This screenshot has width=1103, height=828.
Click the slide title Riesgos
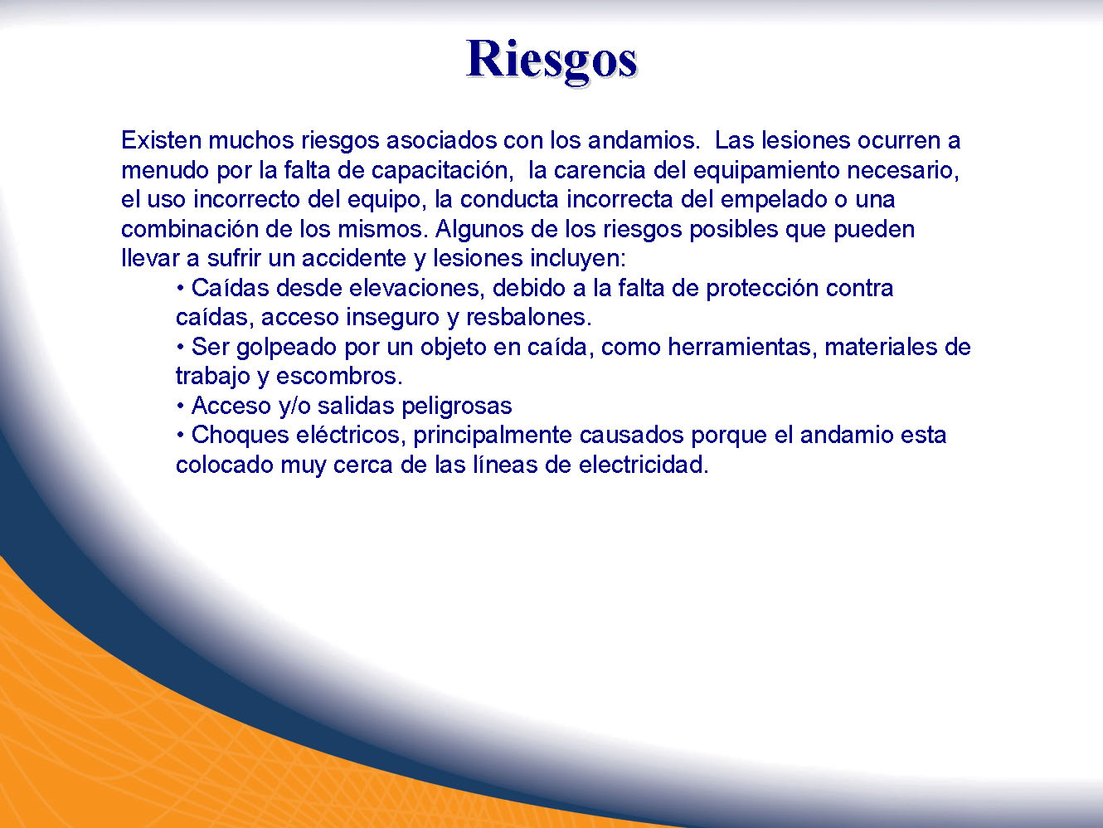[551, 62]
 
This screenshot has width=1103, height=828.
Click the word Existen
[161, 140]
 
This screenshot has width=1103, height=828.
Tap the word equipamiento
[766, 171]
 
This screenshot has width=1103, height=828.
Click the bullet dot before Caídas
[180, 289]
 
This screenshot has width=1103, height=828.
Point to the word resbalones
[529, 318]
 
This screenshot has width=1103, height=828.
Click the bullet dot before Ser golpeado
[180, 348]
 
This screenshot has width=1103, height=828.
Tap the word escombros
[339, 377]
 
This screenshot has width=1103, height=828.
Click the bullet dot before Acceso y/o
[180, 407]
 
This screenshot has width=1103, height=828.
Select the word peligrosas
[457, 407]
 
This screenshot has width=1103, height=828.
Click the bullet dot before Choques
[180, 436]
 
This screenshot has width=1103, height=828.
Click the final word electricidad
[644, 465]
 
